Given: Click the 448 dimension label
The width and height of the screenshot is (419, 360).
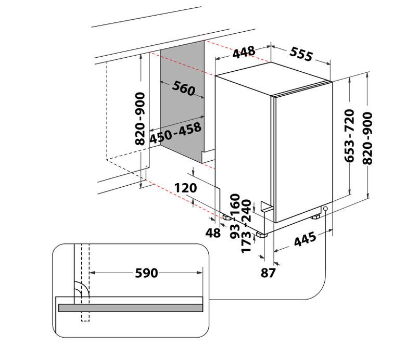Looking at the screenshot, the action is click(x=244, y=52).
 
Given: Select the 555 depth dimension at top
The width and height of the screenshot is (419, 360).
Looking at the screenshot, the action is click(x=301, y=54).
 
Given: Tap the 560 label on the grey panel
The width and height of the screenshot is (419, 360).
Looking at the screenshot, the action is click(x=183, y=88).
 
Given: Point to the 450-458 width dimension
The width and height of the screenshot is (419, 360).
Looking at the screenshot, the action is click(x=175, y=133).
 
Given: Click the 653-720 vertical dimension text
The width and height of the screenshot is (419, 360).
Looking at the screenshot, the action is click(x=349, y=136).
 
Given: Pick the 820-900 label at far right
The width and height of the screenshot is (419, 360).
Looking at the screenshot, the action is click(x=367, y=138).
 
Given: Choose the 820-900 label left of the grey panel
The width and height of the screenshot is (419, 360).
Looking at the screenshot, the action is click(x=140, y=119).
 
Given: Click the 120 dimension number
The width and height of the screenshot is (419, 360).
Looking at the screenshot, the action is click(x=186, y=188).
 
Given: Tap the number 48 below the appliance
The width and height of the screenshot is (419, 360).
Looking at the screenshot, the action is click(x=213, y=233).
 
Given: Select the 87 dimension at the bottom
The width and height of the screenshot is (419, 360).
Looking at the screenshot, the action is click(x=268, y=273).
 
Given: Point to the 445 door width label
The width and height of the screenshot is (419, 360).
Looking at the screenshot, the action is click(x=305, y=239).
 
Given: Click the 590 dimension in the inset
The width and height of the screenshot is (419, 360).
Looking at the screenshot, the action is click(x=146, y=273).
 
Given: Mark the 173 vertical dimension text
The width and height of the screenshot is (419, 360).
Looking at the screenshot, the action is click(x=246, y=242).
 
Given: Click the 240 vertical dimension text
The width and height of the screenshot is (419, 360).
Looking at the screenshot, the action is click(x=246, y=211).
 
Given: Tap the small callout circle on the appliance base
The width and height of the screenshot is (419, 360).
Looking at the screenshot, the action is click(x=325, y=209).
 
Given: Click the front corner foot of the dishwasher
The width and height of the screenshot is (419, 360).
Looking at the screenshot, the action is click(x=261, y=235).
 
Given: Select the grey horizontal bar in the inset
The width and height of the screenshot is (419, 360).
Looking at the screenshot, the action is click(x=131, y=307).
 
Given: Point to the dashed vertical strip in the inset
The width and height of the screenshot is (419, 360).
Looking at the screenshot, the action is click(x=85, y=282).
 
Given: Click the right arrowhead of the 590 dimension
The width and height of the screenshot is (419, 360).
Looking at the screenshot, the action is click(x=200, y=273).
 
